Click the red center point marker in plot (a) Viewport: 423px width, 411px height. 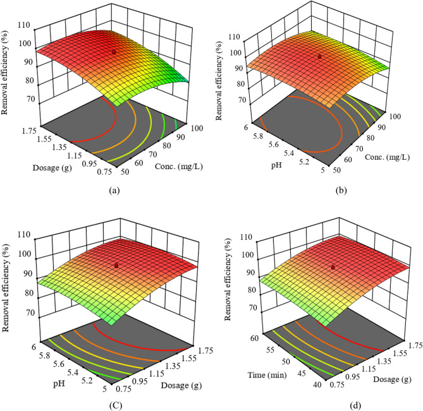click(114, 52)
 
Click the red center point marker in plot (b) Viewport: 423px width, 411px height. click(319, 56)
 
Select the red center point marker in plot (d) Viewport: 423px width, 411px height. click(333, 268)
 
